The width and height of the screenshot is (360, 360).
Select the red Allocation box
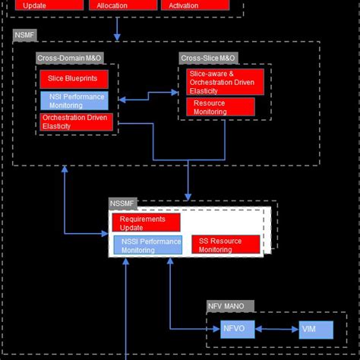(118, 5)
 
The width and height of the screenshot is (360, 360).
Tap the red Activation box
(194, 5)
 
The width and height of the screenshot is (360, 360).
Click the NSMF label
(24, 36)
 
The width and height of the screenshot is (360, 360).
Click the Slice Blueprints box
(74, 79)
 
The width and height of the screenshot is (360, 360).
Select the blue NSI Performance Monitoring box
(74, 100)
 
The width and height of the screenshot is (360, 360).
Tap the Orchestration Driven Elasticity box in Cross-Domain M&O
(76, 122)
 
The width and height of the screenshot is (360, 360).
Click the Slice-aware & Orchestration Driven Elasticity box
(226, 81)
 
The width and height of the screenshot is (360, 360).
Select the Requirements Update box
(146, 223)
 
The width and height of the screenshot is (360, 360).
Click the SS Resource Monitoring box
(225, 245)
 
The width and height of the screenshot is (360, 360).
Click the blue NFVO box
(232, 330)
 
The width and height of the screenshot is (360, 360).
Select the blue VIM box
(314, 330)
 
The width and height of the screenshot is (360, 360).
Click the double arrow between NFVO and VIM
(273, 330)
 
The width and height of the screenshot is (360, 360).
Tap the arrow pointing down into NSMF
(117, 29)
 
